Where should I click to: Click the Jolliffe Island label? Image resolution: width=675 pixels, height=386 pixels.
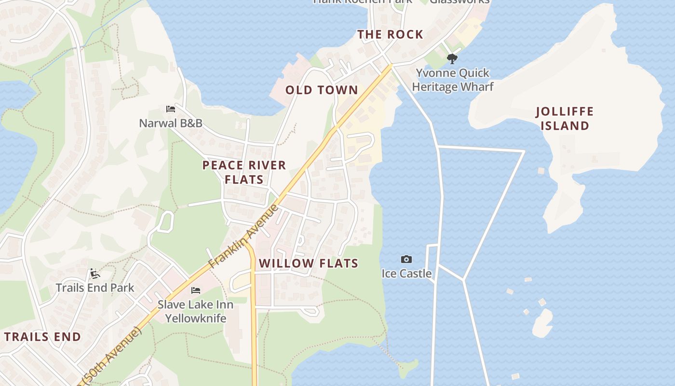pyautogui.click(x=565, y=119)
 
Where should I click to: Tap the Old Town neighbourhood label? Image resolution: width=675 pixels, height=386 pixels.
pyautogui.click(x=322, y=90)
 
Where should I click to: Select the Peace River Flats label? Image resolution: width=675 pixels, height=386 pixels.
pyautogui.click(x=244, y=172)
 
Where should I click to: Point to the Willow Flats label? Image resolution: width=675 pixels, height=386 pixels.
pyautogui.click(x=309, y=263)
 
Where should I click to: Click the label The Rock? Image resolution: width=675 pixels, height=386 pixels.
pyautogui.click(x=390, y=35)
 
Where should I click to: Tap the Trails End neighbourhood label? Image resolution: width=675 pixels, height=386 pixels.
pyautogui.click(x=42, y=337)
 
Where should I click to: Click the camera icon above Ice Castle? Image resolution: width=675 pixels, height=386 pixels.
pyautogui.click(x=406, y=260)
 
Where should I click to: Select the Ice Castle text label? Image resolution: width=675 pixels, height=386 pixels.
pyautogui.click(x=406, y=274)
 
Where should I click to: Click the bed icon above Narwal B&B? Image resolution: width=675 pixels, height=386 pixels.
pyautogui.click(x=170, y=109)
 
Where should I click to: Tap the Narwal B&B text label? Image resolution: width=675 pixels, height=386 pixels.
pyautogui.click(x=171, y=123)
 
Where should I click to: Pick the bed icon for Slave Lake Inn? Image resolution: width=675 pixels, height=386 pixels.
pyautogui.click(x=196, y=290)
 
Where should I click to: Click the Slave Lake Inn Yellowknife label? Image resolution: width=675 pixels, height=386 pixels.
pyautogui.click(x=196, y=311)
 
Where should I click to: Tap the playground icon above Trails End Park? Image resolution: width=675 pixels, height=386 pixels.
pyautogui.click(x=94, y=274)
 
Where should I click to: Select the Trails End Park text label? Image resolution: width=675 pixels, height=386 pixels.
pyautogui.click(x=95, y=288)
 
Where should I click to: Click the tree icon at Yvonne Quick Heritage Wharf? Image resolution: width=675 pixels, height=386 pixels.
pyautogui.click(x=452, y=59)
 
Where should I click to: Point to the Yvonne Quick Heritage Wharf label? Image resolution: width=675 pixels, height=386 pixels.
pyautogui.click(x=453, y=80)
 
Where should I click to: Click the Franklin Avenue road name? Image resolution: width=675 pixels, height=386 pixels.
pyautogui.click(x=244, y=236)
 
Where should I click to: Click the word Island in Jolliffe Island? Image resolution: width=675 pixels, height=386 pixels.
pyautogui.click(x=565, y=126)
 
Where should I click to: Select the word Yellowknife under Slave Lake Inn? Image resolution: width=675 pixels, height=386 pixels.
pyautogui.click(x=196, y=318)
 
